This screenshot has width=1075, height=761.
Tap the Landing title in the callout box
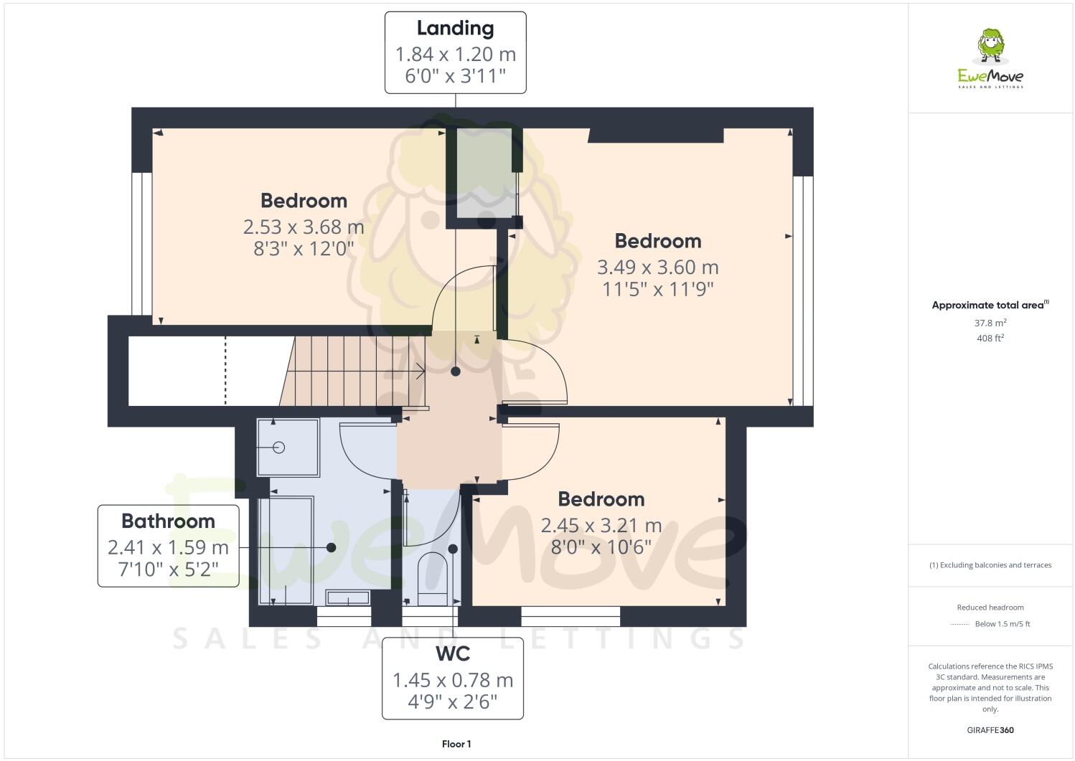coord(455,29)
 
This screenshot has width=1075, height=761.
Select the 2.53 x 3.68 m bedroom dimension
coord(304,227)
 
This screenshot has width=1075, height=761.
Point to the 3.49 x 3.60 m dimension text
coord(657,268)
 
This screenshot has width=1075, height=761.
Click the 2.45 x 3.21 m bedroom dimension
coord(601,526)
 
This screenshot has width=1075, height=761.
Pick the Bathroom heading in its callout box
coord(168,521)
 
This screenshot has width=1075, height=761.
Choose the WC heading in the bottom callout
coord(453,654)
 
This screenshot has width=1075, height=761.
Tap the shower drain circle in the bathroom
coord(279,448)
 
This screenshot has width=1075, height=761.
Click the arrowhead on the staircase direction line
coord(421,372)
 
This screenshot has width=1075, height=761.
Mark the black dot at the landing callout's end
coord(456,372)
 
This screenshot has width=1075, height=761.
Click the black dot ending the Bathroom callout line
coord(331,547)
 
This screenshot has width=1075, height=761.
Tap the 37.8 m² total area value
coord(990,323)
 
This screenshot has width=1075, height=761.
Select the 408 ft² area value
coord(990,339)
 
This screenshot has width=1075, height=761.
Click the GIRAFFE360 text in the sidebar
coord(990,731)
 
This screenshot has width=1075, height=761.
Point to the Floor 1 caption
coord(456,745)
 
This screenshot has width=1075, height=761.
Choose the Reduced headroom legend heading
coord(990,608)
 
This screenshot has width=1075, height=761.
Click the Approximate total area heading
coord(989,306)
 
